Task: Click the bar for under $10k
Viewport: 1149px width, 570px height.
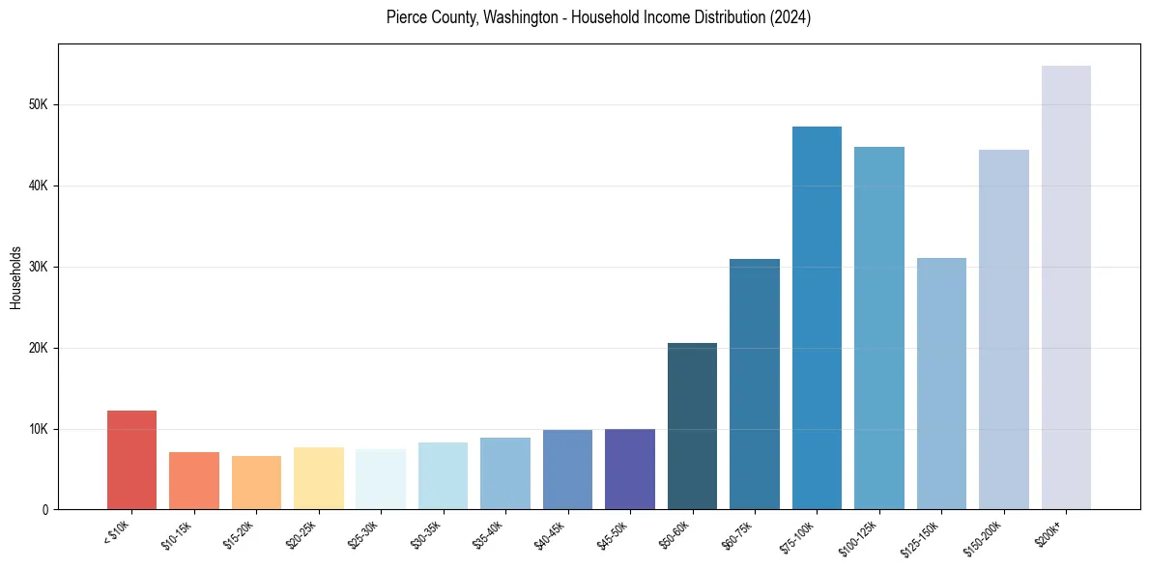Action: coord(131,460)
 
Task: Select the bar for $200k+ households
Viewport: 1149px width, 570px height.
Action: coord(1066,288)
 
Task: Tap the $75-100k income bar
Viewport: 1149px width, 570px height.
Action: coord(817,318)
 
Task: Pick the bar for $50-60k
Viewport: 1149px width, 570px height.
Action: coord(692,426)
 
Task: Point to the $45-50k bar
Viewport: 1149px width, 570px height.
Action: coord(630,470)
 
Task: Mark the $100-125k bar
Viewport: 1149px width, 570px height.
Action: coord(879,328)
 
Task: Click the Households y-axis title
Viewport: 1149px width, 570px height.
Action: coord(15,277)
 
